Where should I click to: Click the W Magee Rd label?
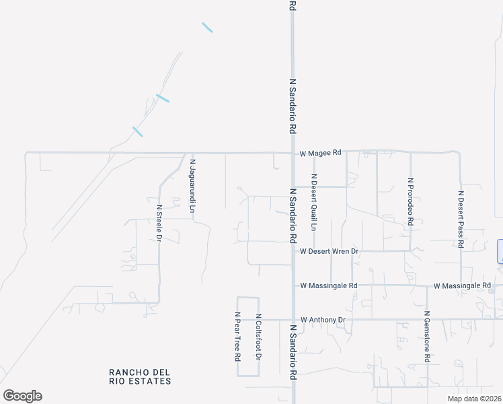point(321,154)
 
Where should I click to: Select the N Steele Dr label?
point(159,223)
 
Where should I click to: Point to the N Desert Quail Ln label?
point(313,202)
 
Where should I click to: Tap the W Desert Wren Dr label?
point(330,251)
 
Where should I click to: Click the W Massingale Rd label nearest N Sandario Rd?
point(328,285)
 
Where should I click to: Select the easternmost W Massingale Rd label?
point(462,286)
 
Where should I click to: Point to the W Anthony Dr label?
point(323,319)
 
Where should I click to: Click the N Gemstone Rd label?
point(426,337)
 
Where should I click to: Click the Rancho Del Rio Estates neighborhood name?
point(140,376)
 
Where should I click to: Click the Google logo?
point(22,396)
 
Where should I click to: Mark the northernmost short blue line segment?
point(207,28)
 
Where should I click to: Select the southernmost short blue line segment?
point(138,131)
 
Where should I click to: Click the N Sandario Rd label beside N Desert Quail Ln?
point(293,215)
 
